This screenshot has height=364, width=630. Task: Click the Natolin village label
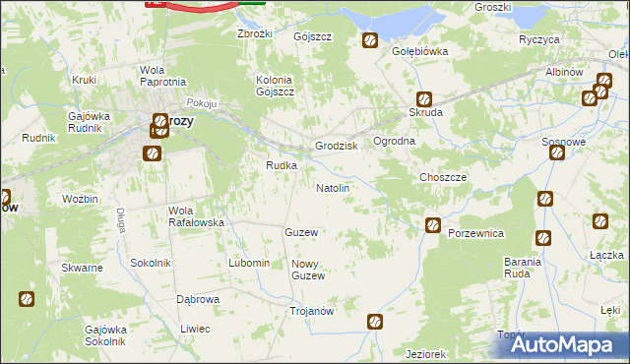click(x=332, y=187)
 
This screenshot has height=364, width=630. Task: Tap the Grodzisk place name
click(x=335, y=146)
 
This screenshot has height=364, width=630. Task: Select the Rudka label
click(x=281, y=165)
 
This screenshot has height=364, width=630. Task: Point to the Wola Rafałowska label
click(x=197, y=216)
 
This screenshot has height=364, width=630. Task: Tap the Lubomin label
click(x=248, y=263)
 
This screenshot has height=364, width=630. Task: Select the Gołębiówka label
click(x=420, y=51)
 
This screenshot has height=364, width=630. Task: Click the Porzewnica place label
click(x=475, y=233)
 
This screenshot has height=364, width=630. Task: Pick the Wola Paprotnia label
click(x=163, y=76)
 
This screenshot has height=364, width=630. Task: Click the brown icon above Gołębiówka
click(x=370, y=40)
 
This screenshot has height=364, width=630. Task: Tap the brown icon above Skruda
click(x=423, y=98)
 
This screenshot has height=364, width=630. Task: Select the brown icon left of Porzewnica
click(x=432, y=226)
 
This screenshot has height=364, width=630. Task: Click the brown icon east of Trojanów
click(x=375, y=322)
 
